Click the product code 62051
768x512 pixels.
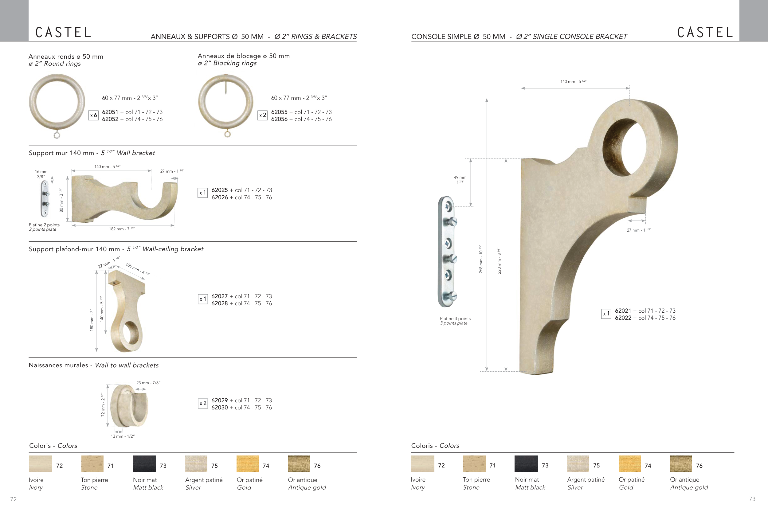[110, 112]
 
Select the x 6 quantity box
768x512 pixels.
[93, 115]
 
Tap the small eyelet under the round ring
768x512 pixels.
[57, 135]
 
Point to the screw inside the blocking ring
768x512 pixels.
[225, 84]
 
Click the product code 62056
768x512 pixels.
[279, 119]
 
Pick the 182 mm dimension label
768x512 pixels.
[122, 229]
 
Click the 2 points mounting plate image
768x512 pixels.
[45, 198]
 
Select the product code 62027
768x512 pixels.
[219, 296]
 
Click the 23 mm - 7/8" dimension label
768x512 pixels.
[148, 383]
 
